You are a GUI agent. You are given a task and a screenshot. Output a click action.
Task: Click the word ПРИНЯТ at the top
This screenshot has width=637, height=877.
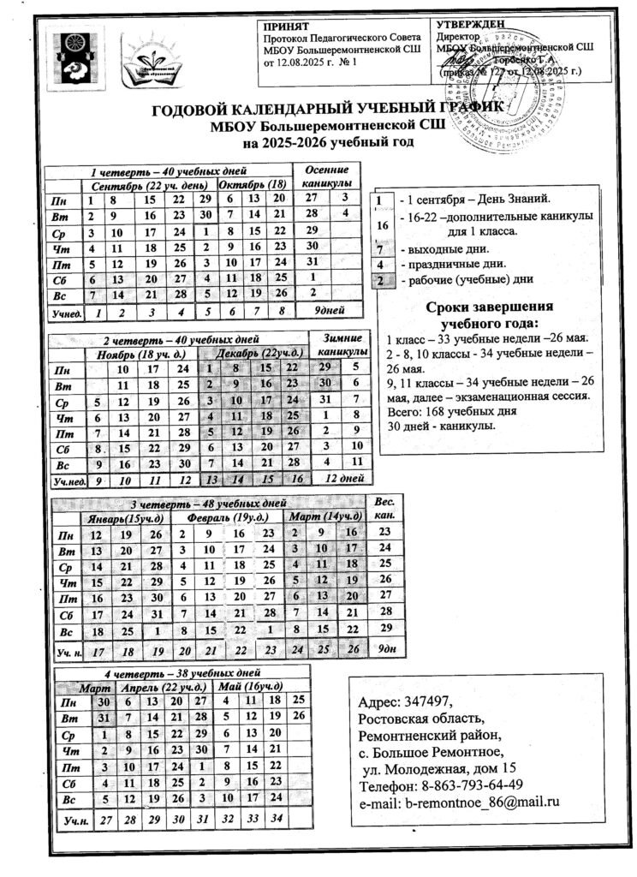click(x=285, y=27)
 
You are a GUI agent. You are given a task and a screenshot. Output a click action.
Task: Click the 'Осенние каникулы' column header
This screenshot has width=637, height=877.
click(x=327, y=176)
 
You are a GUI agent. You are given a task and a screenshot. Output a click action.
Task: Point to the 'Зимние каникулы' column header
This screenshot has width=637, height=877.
click(x=342, y=343)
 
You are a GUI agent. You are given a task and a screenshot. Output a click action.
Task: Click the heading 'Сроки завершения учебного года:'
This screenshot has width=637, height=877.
click(x=488, y=316)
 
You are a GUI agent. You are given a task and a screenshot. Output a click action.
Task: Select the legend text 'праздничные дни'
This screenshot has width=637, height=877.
click(x=455, y=264)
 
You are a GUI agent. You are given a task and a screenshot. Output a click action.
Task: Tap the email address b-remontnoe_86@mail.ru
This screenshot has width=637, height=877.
click(x=460, y=802)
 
